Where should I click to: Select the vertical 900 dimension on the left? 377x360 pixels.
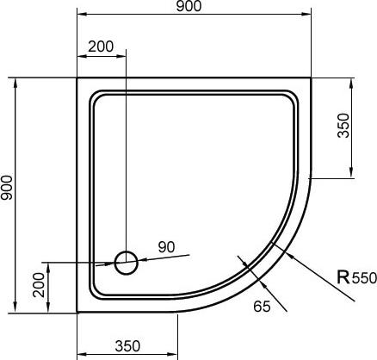tap(8, 194)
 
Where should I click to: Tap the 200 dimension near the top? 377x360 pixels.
tap(101, 45)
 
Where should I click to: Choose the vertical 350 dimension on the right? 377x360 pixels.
tap(344, 127)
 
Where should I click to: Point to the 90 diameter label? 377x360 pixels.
tap(166, 247)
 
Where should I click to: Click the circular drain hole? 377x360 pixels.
tap(127, 261)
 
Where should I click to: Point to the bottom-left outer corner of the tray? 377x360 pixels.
tap(77, 313)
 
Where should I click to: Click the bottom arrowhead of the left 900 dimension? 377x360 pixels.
tap(15, 308)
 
